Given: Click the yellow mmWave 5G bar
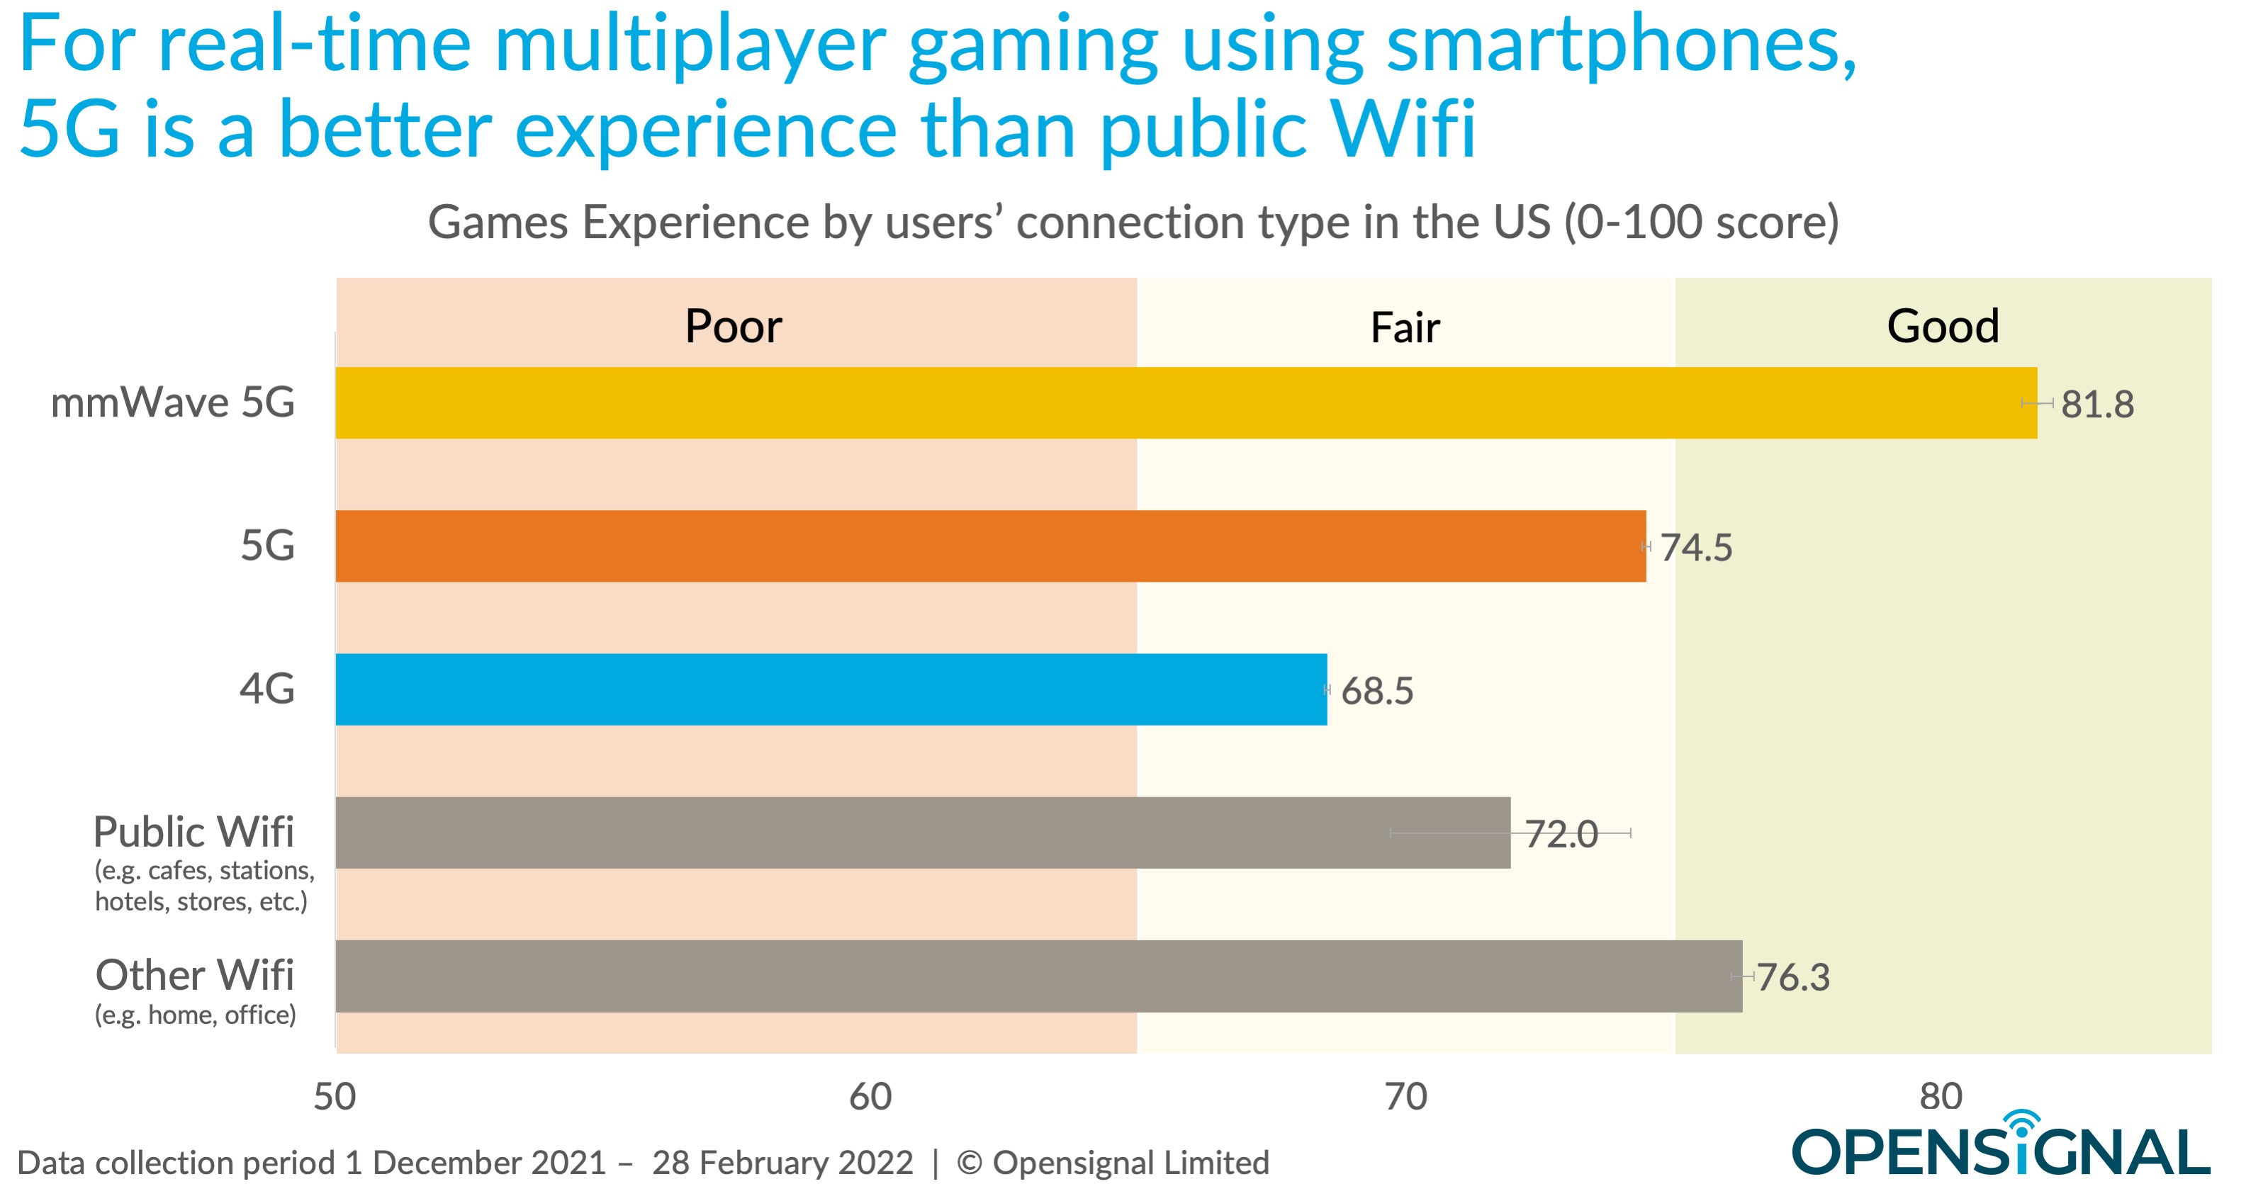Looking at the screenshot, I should click(1185, 402).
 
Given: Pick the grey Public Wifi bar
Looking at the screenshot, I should click(922, 832).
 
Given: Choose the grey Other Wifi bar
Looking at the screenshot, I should click(1038, 976).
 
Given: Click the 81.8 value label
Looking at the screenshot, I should click(2096, 405).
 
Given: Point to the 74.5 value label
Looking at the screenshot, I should click(1696, 548).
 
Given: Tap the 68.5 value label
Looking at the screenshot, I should click(1376, 691).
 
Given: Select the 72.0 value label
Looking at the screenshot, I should click(1561, 834).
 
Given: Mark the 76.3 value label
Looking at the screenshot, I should click(1792, 977).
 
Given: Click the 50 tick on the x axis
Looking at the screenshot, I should click(335, 1096).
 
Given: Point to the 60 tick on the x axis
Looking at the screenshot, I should click(870, 1096).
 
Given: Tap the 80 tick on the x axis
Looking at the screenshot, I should click(1941, 1096).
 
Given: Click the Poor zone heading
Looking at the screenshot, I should click(733, 327).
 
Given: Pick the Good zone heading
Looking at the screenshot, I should click(1942, 327).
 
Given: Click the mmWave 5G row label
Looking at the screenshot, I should click(172, 402).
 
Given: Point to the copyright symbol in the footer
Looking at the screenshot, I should click(968, 1163).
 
